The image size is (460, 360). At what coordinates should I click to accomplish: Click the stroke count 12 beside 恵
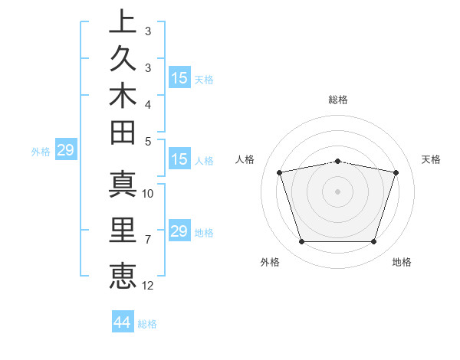pyautogui.click(x=148, y=286)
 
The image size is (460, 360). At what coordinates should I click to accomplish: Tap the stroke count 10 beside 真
pyautogui.click(x=148, y=194)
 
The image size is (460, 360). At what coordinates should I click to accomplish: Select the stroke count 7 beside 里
pyautogui.click(x=148, y=240)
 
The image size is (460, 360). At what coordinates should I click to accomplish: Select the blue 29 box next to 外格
pyautogui.click(x=65, y=151)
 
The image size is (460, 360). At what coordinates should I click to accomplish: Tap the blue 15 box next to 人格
pyautogui.click(x=179, y=160)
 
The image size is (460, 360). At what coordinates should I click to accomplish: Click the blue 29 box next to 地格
pyautogui.click(x=179, y=231)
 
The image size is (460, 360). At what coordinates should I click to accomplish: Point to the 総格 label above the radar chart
pyautogui.click(x=338, y=100)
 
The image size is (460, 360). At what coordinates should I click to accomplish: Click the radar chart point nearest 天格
pyautogui.click(x=396, y=172)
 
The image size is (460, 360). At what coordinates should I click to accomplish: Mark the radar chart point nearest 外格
pyautogui.click(x=301, y=242)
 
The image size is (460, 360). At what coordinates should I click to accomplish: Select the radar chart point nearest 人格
pyautogui.click(x=279, y=172)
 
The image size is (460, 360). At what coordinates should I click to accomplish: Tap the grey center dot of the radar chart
pyautogui.click(x=337, y=191)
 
